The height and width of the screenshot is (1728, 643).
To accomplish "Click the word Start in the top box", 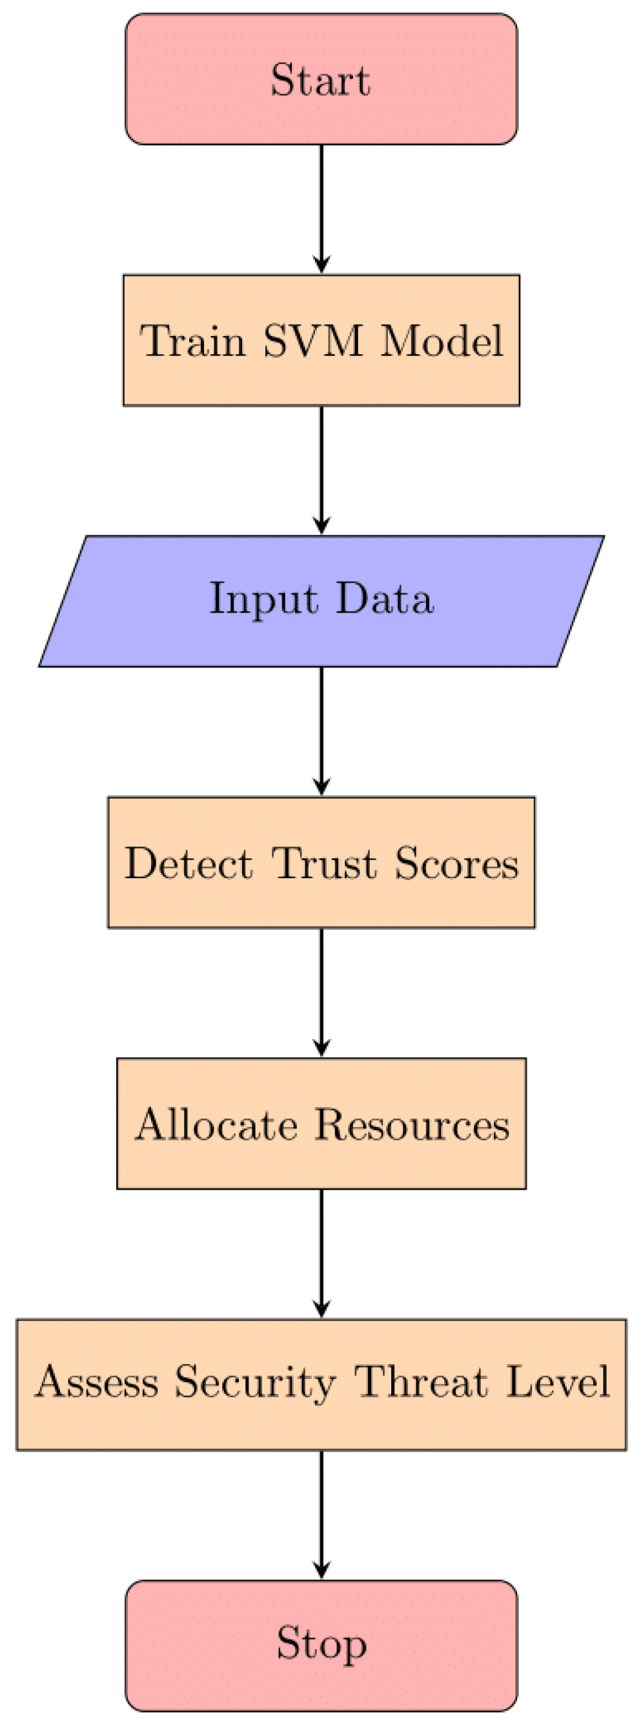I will pos(320,80).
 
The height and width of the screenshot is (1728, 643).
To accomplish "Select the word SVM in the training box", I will pos(312,340).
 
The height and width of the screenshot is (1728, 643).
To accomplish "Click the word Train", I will pos(193,340).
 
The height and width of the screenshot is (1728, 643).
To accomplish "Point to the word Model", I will pos(442,340).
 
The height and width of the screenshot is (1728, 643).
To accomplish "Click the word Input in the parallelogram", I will pos(263,599).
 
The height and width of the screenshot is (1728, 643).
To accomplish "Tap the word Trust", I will pos(324,863).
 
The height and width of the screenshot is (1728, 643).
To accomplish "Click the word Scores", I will pos(456,863).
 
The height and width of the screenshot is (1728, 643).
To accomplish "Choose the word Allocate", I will pos(216,1124).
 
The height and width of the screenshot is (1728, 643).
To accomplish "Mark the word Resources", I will pos(413,1124).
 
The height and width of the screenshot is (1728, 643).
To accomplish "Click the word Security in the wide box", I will pos(254,1383).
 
